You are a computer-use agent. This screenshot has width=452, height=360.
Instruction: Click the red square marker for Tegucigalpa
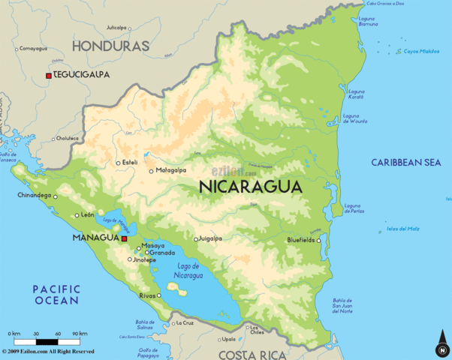coord(49,76)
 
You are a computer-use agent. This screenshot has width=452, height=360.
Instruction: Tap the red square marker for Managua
coord(124,238)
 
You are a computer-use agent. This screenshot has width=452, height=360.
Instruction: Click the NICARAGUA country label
coord(251,187)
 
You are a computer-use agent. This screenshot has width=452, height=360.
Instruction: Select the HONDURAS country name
coord(110,46)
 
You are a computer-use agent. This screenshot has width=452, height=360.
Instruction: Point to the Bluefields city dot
coord(319,241)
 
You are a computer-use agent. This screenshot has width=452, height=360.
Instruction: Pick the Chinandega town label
coord(34,196)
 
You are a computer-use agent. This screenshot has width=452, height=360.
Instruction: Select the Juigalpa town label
coord(209,239)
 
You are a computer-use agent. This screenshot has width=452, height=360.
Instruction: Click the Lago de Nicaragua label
coord(188,271)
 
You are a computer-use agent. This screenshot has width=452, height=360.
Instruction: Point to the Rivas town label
coord(148,295)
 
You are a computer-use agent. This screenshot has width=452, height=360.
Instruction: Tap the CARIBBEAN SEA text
coord(406,162)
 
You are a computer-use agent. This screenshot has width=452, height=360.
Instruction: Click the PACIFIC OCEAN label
coord(56,294)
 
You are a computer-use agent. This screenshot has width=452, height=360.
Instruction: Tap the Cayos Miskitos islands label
coord(420,51)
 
